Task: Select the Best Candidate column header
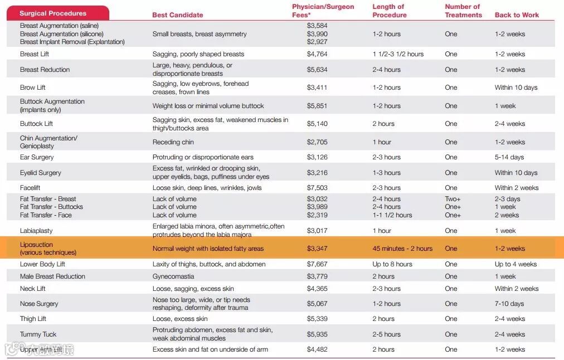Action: point(178,15)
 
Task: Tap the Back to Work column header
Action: point(517,15)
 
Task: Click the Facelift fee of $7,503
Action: point(317,188)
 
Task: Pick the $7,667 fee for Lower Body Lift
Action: point(317,264)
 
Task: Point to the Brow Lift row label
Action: point(33,87)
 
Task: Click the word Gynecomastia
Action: point(173,276)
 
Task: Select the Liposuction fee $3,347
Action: point(317,249)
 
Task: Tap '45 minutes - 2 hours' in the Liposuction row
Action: point(402,249)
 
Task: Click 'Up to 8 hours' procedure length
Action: point(392,264)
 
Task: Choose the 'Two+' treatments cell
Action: point(453,199)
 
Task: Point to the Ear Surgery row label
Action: point(37,157)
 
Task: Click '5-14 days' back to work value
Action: point(509,157)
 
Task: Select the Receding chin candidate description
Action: point(173,142)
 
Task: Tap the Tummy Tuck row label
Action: point(38,334)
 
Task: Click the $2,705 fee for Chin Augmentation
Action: point(317,142)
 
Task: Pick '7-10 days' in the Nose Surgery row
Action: point(509,304)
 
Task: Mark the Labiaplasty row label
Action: point(36,231)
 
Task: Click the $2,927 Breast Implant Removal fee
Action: point(317,42)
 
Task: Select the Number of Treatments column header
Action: point(463,11)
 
